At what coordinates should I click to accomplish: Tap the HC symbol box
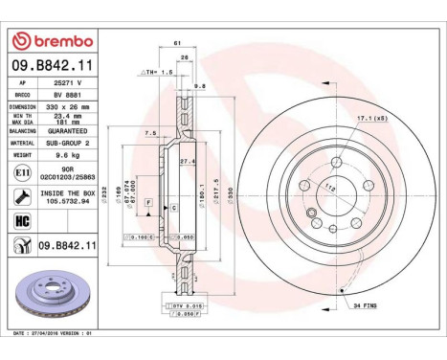22,222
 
